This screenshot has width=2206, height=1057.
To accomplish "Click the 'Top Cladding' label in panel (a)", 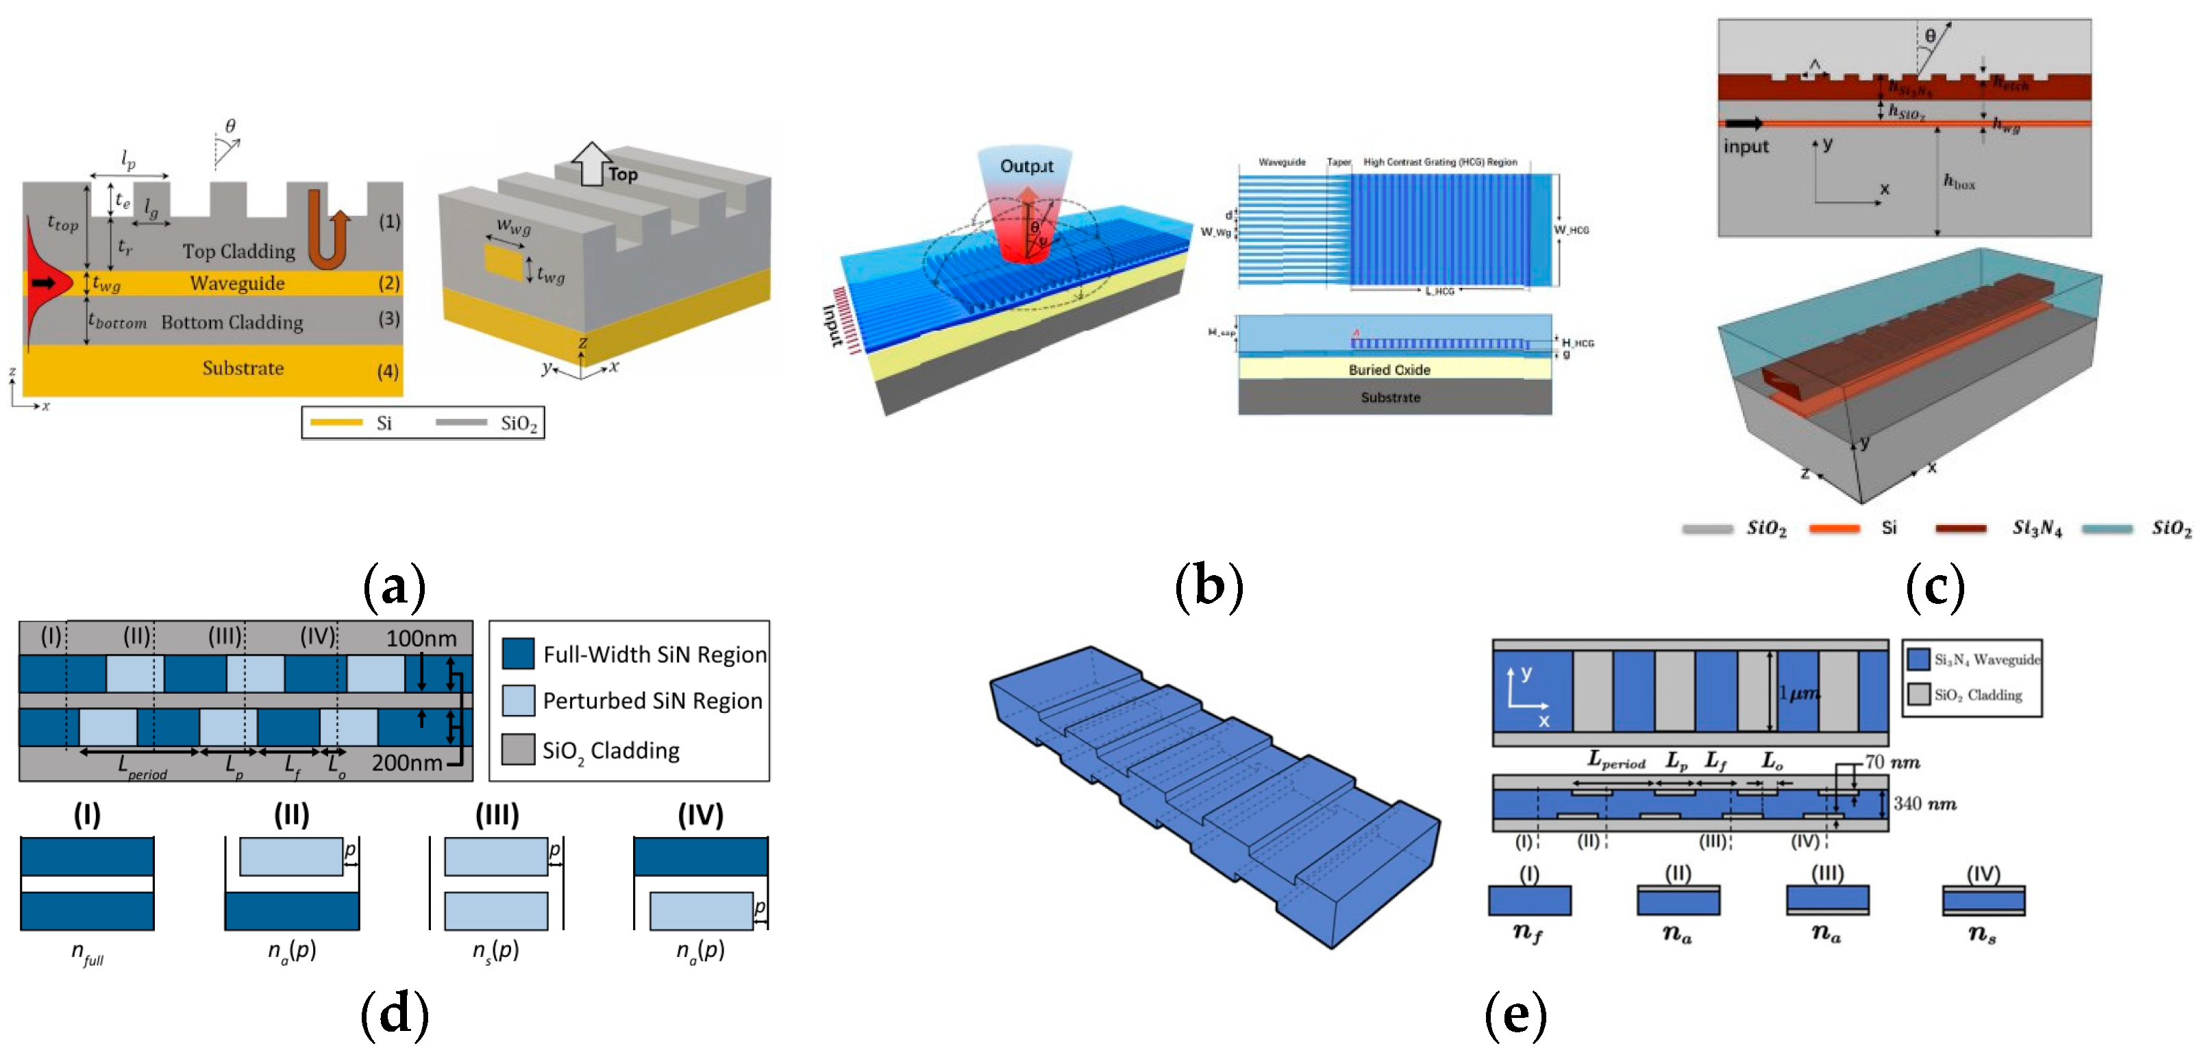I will click(x=238, y=251).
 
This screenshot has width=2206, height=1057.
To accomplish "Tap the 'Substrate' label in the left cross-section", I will click(x=243, y=368).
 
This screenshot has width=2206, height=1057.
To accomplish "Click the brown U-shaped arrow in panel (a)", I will click(x=326, y=230).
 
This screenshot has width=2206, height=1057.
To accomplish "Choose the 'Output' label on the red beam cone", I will click(x=1026, y=166).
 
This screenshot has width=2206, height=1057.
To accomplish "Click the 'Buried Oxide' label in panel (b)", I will click(x=1389, y=370).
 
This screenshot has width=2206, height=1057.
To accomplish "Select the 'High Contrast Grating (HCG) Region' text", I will click(x=1439, y=162).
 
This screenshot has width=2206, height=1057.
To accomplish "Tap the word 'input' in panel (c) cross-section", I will click(x=1746, y=147).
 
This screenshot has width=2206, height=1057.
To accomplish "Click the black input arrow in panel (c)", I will click(x=1744, y=123).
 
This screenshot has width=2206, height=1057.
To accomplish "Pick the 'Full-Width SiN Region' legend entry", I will click(x=654, y=655).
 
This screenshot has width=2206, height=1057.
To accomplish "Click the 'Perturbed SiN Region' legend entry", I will click(x=652, y=701).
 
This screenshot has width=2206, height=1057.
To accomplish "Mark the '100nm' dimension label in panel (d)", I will click(x=421, y=639).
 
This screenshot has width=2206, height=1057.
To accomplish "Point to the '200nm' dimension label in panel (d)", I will click(x=407, y=762).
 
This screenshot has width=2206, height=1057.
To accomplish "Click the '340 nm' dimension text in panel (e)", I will click(x=1924, y=803).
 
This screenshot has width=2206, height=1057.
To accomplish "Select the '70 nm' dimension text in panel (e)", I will click(x=1892, y=762).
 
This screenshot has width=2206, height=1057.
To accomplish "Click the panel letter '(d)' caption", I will click(x=394, y=1015).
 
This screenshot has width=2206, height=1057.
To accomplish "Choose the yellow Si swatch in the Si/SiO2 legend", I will click(x=336, y=422).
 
